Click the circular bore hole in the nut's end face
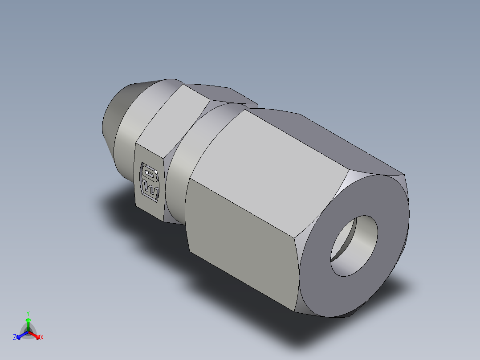[x=354, y=246]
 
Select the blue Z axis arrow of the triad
[x=20, y=335]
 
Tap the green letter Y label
[x=28, y=313]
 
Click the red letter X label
[x=42, y=338]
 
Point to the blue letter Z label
[x=15, y=338]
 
